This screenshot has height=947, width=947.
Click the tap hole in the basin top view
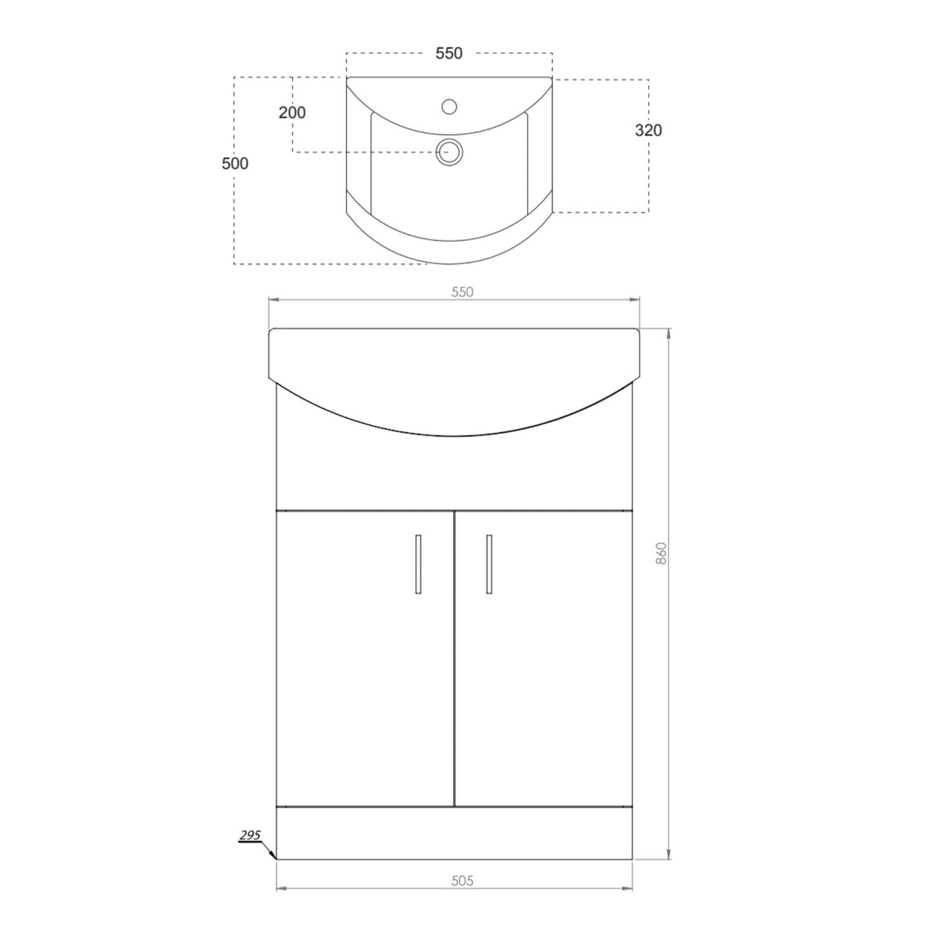[449, 106]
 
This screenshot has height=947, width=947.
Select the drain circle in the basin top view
[450, 152]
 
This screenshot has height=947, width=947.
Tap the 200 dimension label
[292, 113]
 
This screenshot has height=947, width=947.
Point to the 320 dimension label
[648, 130]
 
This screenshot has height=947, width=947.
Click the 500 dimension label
[235, 163]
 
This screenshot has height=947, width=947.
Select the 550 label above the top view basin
[449, 54]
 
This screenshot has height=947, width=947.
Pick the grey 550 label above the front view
[462, 292]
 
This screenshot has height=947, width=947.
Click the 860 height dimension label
[661, 554]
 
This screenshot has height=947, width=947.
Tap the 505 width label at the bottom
[462, 881]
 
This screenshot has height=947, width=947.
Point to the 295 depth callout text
[250, 835]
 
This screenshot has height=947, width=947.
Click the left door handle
[418, 564]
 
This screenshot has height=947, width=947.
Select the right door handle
[489, 564]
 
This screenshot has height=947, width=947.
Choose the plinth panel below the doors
[454, 832]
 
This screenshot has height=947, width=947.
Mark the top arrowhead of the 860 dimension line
[668, 332]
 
